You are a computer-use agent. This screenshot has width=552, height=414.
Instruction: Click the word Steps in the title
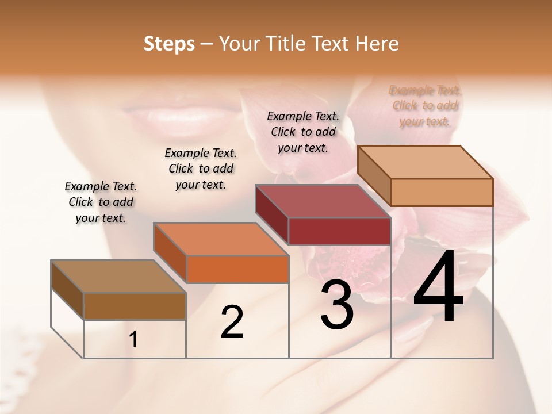click(x=169, y=44)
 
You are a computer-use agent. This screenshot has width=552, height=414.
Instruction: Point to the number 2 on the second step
click(x=232, y=322)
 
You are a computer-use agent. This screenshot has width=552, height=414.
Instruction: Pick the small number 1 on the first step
click(x=133, y=340)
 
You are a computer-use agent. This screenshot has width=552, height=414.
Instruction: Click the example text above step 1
click(x=101, y=202)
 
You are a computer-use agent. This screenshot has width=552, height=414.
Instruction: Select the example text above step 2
click(x=201, y=168)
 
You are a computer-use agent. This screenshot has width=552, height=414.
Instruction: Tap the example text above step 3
click(x=303, y=132)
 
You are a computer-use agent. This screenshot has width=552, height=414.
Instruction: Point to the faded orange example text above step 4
click(x=425, y=106)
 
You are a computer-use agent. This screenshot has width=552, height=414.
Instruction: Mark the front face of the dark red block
click(x=339, y=232)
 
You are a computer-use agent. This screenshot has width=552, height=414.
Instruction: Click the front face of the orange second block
click(x=237, y=269)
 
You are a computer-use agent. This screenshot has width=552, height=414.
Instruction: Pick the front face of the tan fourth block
click(x=442, y=192)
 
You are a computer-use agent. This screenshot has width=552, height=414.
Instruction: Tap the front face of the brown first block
click(x=135, y=306)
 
